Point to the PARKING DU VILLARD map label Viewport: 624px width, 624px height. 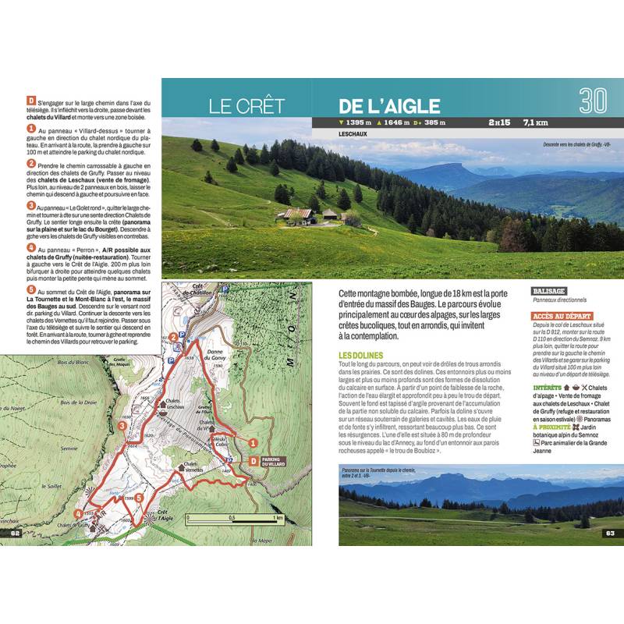click(271, 463)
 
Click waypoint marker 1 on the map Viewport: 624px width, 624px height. click(253, 443)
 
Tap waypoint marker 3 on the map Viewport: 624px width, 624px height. click(122, 426)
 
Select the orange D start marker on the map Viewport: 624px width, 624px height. click(253, 461)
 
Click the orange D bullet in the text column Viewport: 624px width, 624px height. click(30, 100)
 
